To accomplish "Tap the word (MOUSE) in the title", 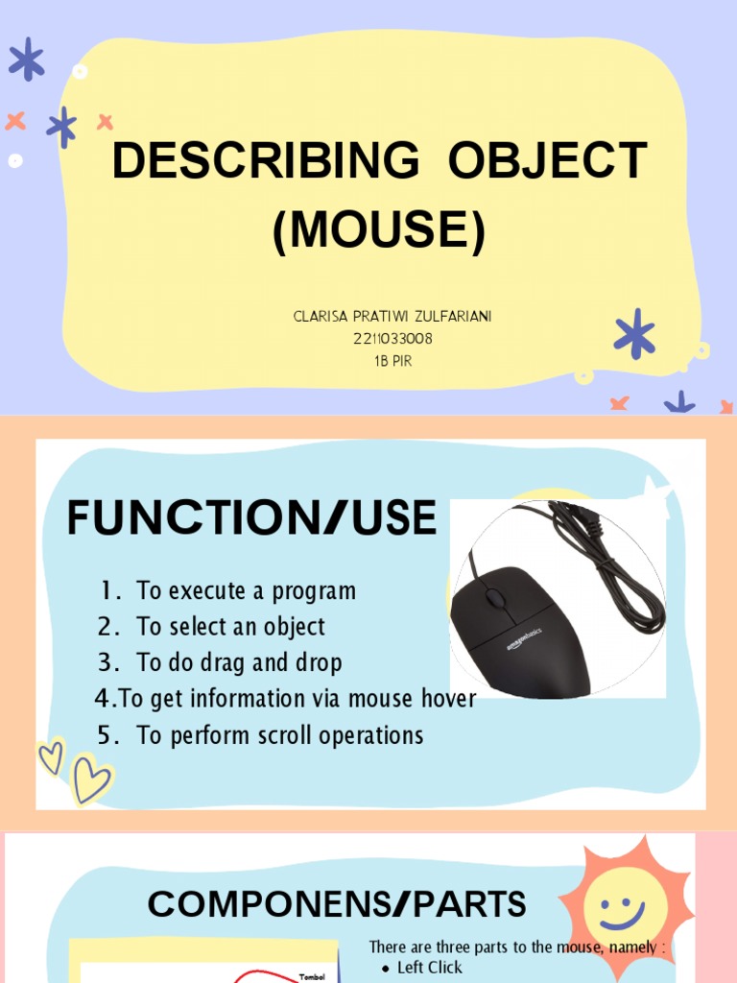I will pos(379,230).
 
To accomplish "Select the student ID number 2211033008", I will pos(393,338).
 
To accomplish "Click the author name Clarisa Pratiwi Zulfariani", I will pos(393,317).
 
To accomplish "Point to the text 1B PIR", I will pos(393,361).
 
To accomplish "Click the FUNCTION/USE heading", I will pos(251,518).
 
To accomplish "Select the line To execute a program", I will pos(246,590).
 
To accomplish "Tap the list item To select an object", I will pos(230,627).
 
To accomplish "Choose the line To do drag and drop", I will pos(239,662).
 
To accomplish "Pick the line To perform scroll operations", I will pos(279,735).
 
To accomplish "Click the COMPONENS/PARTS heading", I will pos(337,904).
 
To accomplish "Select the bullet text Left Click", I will pos(429,968).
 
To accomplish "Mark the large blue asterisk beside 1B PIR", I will pos(634,334).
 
